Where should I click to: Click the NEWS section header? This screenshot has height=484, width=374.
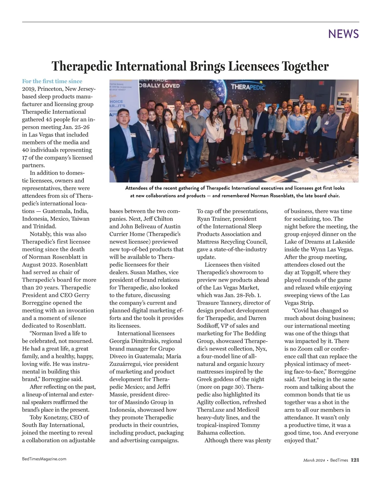tap(343, 34)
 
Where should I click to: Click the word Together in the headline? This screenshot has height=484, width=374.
tap(305, 66)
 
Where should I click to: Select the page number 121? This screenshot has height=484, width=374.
tap(355, 460)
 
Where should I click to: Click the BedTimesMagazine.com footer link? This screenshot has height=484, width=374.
tap(44, 459)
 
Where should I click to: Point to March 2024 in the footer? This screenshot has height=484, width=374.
tap(314, 460)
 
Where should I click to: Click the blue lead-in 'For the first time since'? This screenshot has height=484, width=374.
tap(52, 81)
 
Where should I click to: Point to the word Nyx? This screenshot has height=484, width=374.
tap(262, 349)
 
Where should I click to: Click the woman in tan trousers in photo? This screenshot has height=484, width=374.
tap(238, 137)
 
